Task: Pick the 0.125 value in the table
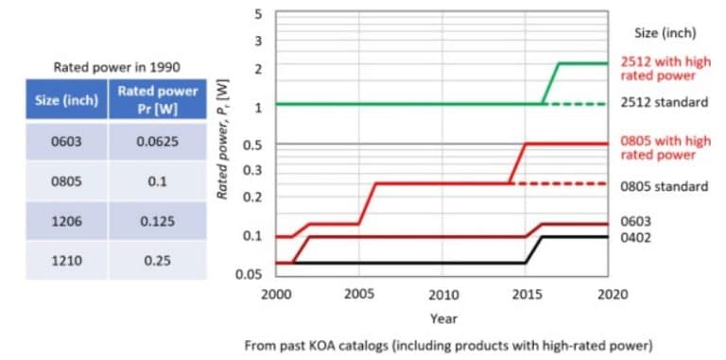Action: tap(156, 221)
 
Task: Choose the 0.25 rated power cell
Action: tap(156, 261)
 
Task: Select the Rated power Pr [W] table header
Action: tap(156, 99)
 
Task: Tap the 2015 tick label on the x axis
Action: tap(526, 294)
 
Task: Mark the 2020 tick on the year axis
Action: tap(607, 294)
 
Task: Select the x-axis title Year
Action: tap(443, 318)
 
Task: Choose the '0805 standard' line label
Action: tap(664, 186)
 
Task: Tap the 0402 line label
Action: tap(635, 237)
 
